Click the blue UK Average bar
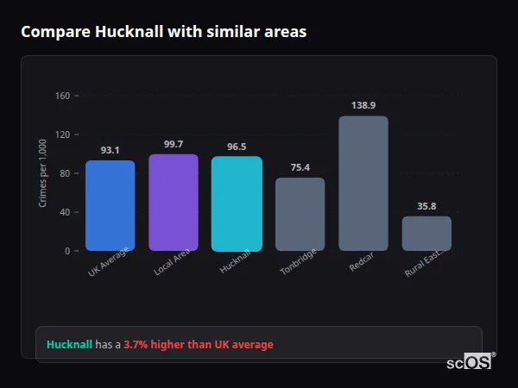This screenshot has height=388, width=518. pyautogui.click(x=110, y=206)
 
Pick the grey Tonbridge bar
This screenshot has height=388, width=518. pyautogui.click(x=300, y=215)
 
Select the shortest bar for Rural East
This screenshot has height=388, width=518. pyautogui.click(x=426, y=234)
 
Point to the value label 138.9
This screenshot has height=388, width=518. pyautogui.click(x=363, y=105)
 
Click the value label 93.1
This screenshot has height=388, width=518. pyautogui.click(x=110, y=150)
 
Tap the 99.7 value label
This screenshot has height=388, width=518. pyautogui.click(x=173, y=144)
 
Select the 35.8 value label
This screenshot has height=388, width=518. pyautogui.click(x=426, y=206)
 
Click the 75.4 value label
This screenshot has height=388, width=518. pyautogui.click(x=300, y=167)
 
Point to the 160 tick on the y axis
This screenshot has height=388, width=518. pyautogui.click(x=62, y=96)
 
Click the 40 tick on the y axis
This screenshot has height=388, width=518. pyautogui.click(x=65, y=212)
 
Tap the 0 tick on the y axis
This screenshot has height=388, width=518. pyautogui.click(x=67, y=251)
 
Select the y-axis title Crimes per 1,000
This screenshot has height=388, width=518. pyautogui.click(x=43, y=173)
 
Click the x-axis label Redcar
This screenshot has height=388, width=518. pyautogui.click(x=362, y=264)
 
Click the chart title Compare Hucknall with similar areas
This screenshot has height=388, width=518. pyautogui.click(x=163, y=32)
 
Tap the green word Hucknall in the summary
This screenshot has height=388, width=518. pyautogui.click(x=69, y=344)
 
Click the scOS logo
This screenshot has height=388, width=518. pyautogui.click(x=469, y=363)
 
